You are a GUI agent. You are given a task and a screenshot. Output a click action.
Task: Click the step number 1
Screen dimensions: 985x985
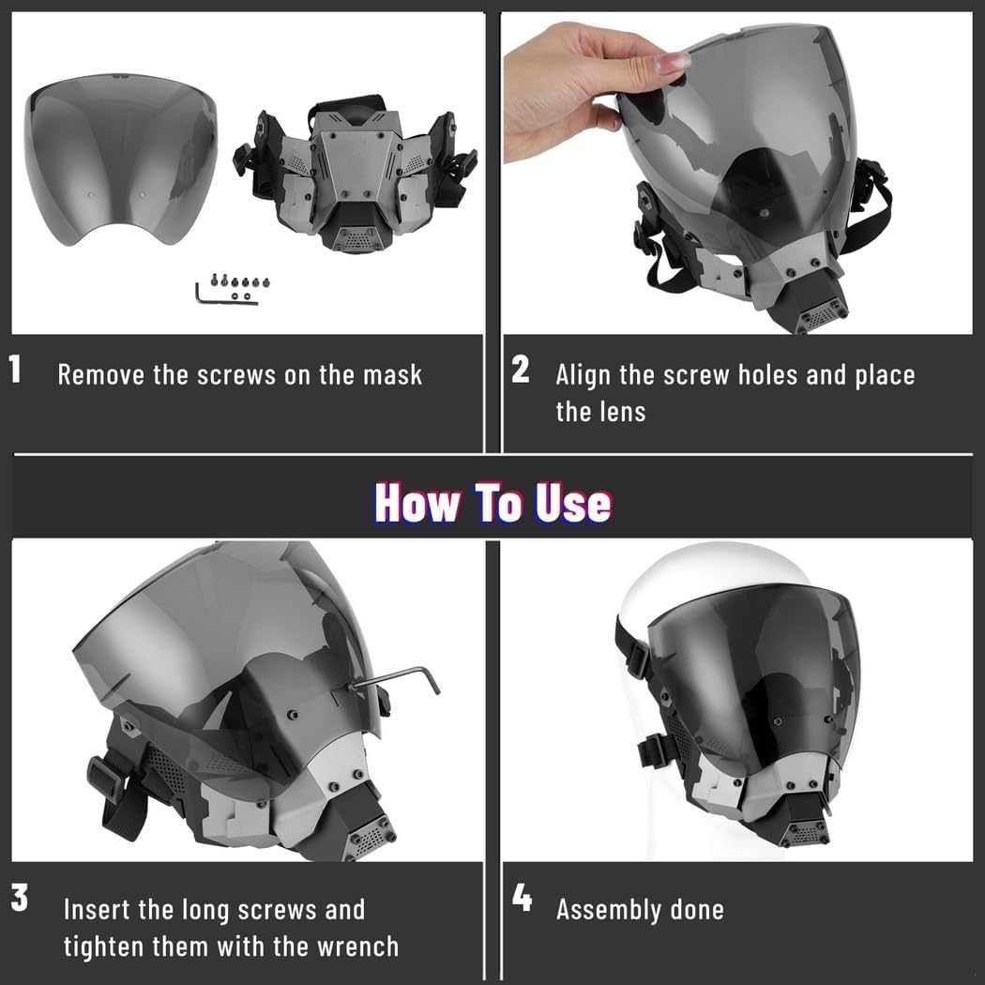[x=15, y=369]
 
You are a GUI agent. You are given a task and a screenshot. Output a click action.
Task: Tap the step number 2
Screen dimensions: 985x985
[x=520, y=370]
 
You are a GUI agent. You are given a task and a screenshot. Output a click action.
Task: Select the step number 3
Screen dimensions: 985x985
[x=20, y=898]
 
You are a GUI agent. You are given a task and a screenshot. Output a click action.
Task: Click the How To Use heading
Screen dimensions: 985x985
[x=492, y=503]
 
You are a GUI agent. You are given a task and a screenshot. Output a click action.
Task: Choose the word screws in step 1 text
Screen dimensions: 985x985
[x=236, y=375]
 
